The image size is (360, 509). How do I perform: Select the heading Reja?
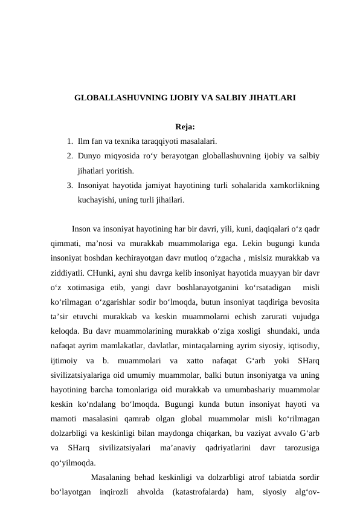click(184, 127)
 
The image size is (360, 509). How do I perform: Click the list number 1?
click(70, 141)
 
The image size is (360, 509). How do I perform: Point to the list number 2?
click(70, 156)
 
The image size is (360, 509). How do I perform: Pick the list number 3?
click(70, 185)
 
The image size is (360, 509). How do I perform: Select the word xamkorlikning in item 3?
click(295, 185)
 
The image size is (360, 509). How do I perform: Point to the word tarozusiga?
click(300, 449)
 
